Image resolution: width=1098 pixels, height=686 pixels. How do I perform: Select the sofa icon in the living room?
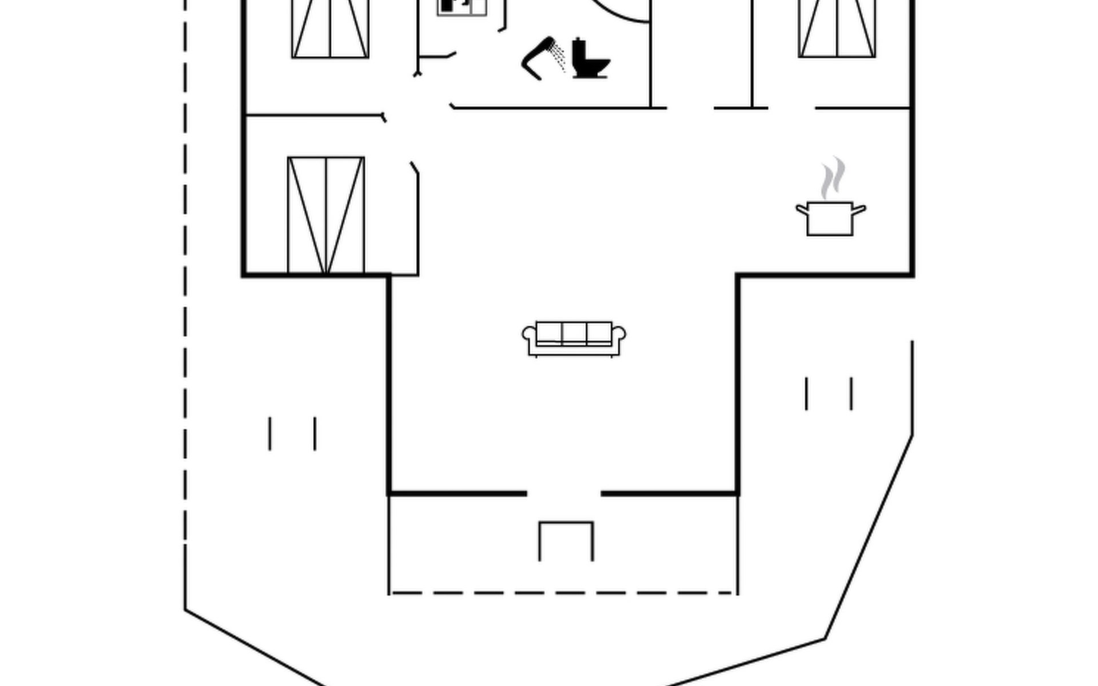pyautogui.click(x=574, y=338)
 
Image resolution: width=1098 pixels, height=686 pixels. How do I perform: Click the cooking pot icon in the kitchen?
pyautogui.click(x=830, y=218)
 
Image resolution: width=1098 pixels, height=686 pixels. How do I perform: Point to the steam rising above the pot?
pyautogui.click(x=833, y=178)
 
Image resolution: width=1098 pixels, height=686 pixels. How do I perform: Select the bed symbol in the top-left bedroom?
pyautogui.click(x=330, y=29)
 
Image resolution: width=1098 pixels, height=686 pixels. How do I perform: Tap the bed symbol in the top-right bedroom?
pyautogui.click(x=837, y=29)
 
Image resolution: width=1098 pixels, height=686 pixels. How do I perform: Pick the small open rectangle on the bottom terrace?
pyautogui.click(x=566, y=540)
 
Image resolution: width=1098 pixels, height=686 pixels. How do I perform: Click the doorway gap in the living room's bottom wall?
pyautogui.click(x=564, y=493)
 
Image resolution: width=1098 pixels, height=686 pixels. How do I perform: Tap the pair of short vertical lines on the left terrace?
pyautogui.click(x=292, y=433)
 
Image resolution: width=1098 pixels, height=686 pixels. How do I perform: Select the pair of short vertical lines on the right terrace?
pyautogui.click(x=829, y=393)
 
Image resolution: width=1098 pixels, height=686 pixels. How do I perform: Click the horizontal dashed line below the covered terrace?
pyautogui.click(x=563, y=593)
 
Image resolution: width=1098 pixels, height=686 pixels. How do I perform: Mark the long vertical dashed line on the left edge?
pyautogui.click(x=185, y=286)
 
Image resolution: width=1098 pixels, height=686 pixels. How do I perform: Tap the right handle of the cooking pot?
pyautogui.click(x=859, y=210)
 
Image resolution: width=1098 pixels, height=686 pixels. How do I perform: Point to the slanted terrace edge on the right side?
pyautogui.click(x=869, y=537)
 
